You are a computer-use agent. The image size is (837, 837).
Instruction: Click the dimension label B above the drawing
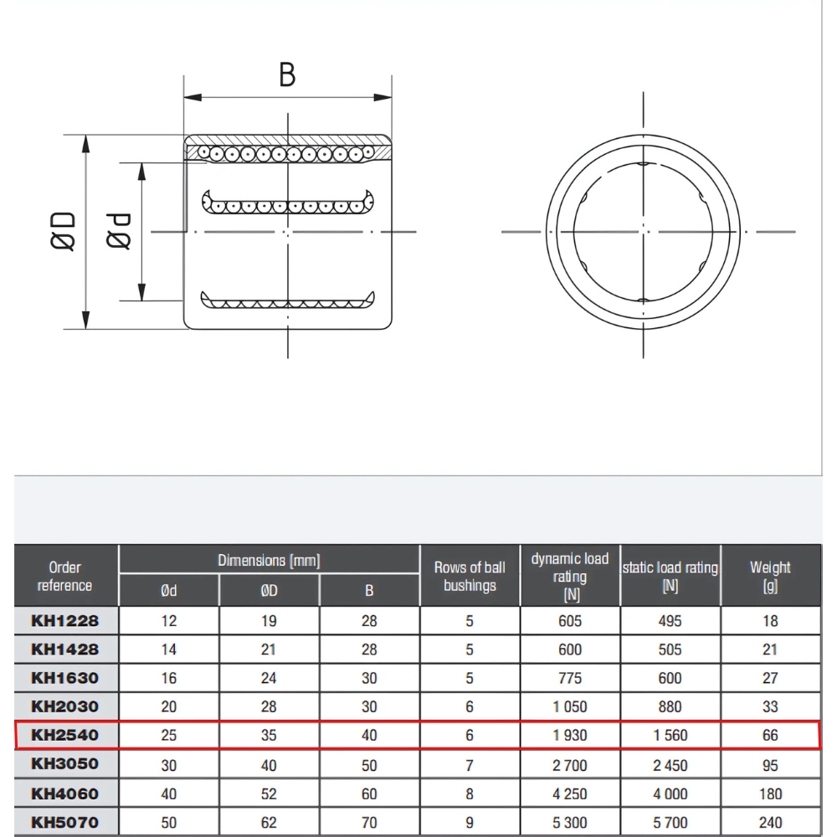click(x=287, y=74)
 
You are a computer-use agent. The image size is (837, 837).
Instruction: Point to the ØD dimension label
click(x=64, y=231)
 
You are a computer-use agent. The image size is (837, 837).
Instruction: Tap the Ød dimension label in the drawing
click(x=120, y=231)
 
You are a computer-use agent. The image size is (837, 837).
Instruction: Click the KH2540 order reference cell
click(x=64, y=736)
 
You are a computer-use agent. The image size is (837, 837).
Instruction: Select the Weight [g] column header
click(x=770, y=576)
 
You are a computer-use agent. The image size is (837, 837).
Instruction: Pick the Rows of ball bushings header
click(x=470, y=576)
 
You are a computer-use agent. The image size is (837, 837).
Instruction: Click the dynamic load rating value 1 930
click(x=570, y=736)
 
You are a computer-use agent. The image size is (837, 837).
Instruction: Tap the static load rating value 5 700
click(x=670, y=822)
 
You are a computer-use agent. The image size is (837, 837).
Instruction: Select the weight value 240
click(x=770, y=822)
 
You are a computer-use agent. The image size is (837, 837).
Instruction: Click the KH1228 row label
click(x=64, y=621)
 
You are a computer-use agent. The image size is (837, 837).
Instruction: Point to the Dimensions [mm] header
click(x=269, y=560)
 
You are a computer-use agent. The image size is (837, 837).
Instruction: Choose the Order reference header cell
click(x=64, y=576)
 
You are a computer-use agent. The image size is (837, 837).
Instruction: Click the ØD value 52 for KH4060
click(x=269, y=793)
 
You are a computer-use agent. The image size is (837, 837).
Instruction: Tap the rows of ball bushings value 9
click(x=470, y=822)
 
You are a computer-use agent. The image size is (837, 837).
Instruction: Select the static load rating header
click(x=670, y=576)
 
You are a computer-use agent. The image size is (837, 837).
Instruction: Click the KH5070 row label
click(x=64, y=822)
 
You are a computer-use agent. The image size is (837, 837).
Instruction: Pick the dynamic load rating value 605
click(x=570, y=621)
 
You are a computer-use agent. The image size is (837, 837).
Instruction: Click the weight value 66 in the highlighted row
click(x=770, y=736)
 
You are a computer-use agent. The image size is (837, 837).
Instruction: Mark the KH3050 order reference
click(x=64, y=764)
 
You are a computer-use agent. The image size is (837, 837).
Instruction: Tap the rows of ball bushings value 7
click(x=470, y=765)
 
